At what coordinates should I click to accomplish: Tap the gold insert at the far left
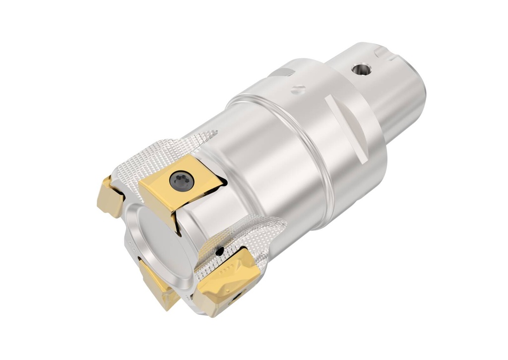(110, 197)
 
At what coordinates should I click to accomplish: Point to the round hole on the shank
(361, 69)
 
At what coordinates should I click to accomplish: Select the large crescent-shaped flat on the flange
(347, 126)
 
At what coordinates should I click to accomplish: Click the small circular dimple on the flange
(298, 89)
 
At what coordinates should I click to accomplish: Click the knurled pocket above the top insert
(169, 149)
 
